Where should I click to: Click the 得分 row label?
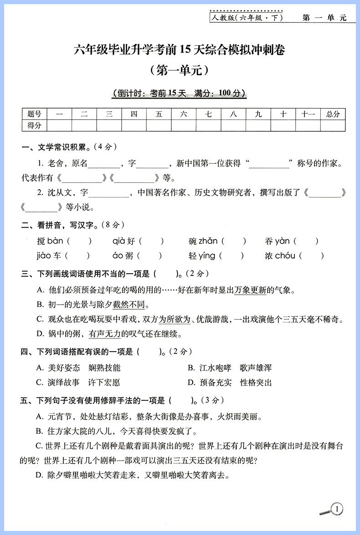(34, 125)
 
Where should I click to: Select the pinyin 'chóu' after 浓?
(285, 256)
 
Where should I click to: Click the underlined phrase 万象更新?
(251, 290)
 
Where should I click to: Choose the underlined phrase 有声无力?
(105, 334)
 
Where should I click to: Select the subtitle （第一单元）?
(179, 70)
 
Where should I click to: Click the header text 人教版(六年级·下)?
(246, 18)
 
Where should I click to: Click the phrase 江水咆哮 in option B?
(216, 368)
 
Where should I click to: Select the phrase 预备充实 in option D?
(216, 382)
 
